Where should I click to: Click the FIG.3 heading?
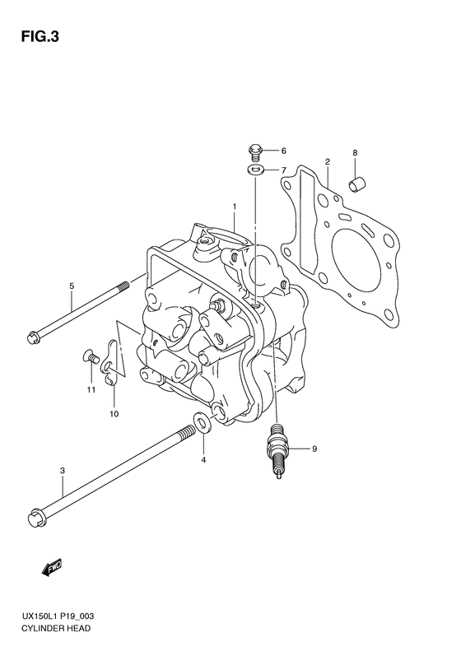pos(40,37)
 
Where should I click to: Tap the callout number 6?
pos(284,151)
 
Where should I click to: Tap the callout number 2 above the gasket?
pos(328,161)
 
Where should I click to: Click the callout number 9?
pos(314,449)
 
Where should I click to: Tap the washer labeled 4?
pos(203,422)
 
